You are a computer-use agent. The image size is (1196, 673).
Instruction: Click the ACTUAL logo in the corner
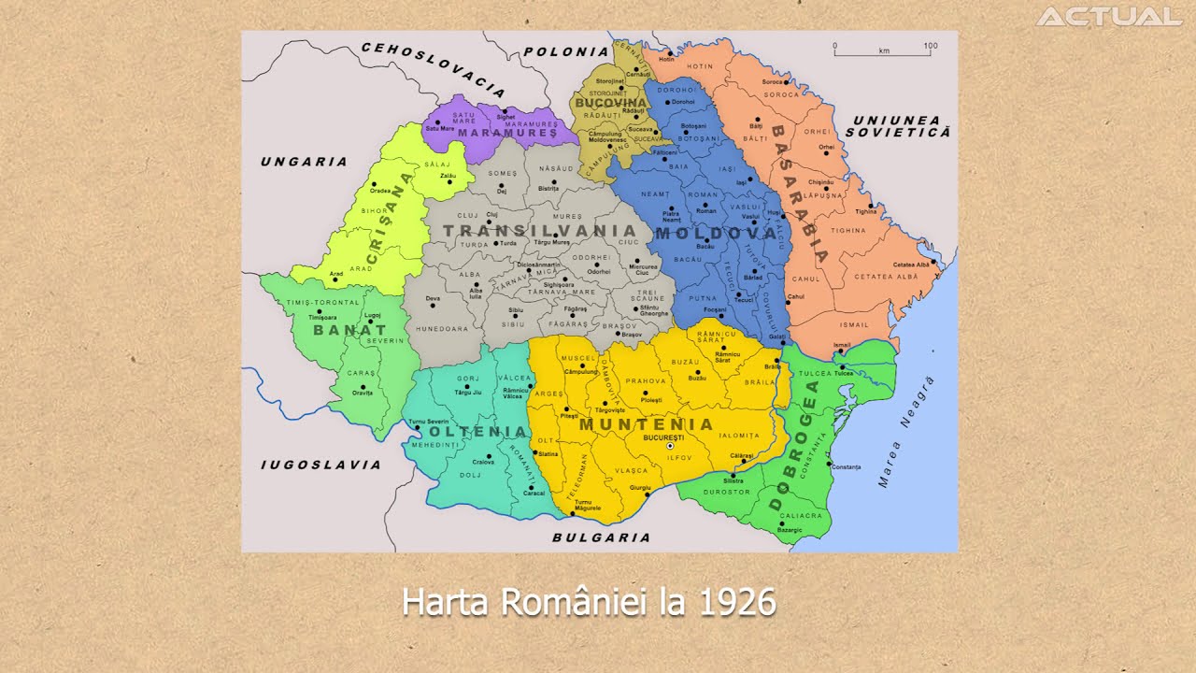pyautogui.click(x=1109, y=17)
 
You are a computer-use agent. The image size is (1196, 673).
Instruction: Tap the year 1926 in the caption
pyautogui.click(x=737, y=602)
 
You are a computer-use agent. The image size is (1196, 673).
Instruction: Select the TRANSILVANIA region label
pyautogui.click(x=539, y=231)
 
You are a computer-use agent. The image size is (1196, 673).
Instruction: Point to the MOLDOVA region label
pyautogui.click(x=717, y=233)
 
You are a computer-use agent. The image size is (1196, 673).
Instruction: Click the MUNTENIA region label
pyautogui.click(x=647, y=424)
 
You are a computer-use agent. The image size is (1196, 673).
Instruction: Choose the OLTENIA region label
pyautogui.click(x=477, y=432)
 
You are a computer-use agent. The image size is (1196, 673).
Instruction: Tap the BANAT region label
pyautogui.click(x=349, y=330)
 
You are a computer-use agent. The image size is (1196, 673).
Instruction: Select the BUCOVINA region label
pyautogui.click(x=611, y=102)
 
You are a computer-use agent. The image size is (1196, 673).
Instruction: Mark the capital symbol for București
pyautogui.click(x=670, y=447)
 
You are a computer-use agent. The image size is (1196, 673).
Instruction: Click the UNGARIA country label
pyautogui.click(x=304, y=162)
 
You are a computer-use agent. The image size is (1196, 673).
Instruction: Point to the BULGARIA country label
pyautogui.click(x=601, y=537)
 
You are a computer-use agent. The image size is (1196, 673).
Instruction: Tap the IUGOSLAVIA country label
pyautogui.click(x=320, y=465)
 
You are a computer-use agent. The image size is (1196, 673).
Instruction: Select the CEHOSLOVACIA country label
pyautogui.click(x=433, y=69)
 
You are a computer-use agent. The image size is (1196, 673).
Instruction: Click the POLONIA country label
pyautogui.click(x=566, y=52)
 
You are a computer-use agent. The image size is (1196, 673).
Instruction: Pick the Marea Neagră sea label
pyautogui.click(x=905, y=432)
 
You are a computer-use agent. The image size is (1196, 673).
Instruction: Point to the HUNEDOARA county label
pyautogui.click(x=442, y=329)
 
